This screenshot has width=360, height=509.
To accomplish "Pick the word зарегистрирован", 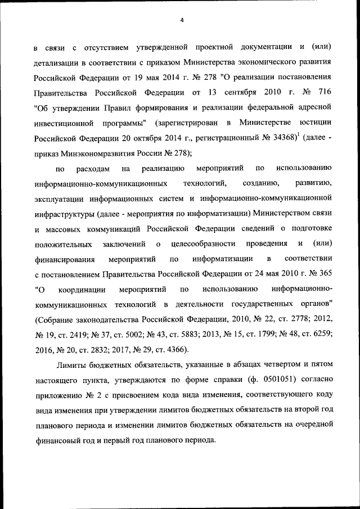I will [x=181, y=121].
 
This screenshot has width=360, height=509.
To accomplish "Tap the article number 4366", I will [x=169, y=349].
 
